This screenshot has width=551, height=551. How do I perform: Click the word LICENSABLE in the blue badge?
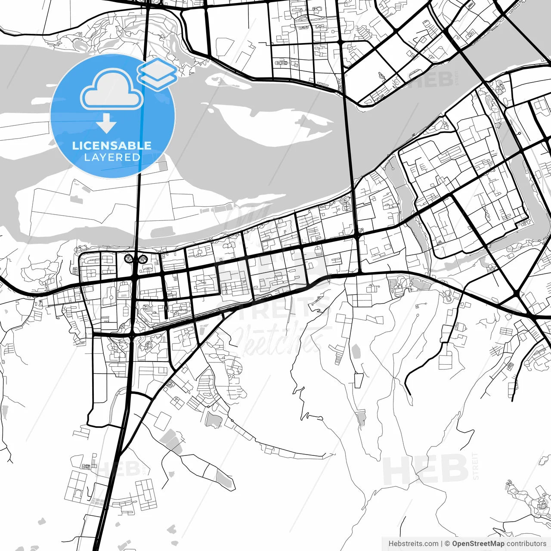coord(112,145)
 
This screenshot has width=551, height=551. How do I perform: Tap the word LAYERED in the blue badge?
coord(112,157)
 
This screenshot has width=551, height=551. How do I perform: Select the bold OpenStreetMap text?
coord(478,544)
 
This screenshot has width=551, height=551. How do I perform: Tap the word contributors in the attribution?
coord(526,544)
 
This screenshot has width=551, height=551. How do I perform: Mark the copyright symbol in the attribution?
coord(448,544)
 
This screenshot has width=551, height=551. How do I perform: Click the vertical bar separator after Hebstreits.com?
coord(442,544)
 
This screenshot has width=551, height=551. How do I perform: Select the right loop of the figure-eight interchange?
coord(142,259)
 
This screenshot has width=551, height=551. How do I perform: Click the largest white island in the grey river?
coord(275,125)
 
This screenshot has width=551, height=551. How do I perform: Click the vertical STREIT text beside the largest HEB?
coord(476,466)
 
